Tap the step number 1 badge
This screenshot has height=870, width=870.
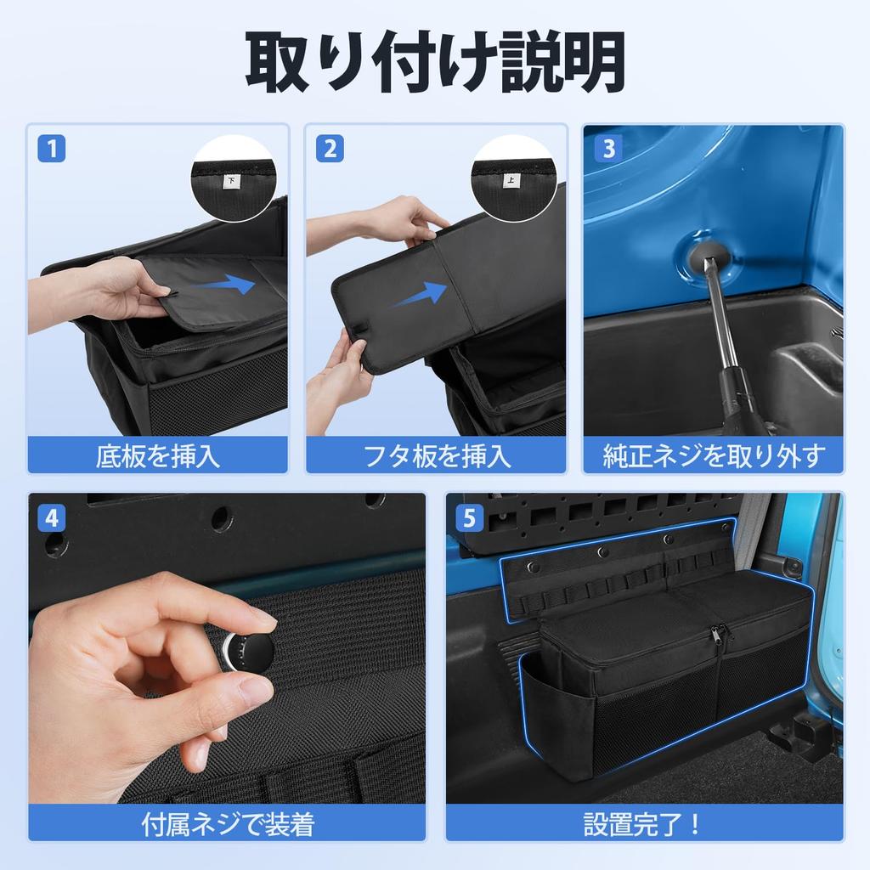53,149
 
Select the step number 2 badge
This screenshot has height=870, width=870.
330,149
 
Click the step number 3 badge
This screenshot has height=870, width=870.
607,149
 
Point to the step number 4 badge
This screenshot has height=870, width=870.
53,517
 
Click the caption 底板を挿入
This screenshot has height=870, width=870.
158,456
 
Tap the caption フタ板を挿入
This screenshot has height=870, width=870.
436,456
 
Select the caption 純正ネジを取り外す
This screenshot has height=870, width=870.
713,456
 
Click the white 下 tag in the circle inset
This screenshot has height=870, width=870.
231,181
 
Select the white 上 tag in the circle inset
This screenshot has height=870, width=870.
511,180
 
